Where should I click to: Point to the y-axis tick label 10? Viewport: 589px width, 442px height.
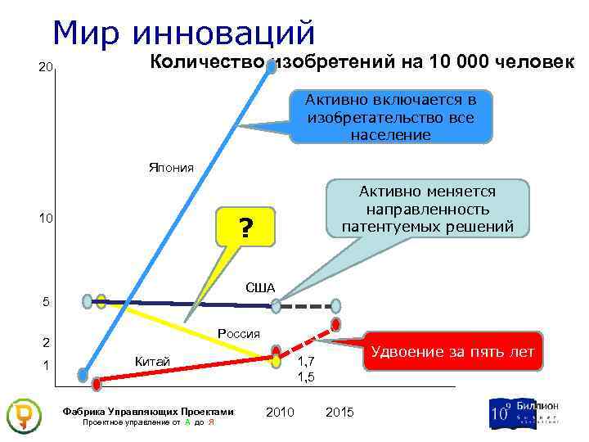(x=47, y=219)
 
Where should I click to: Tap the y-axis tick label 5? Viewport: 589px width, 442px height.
(x=47, y=303)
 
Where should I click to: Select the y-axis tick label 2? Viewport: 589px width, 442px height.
(x=47, y=342)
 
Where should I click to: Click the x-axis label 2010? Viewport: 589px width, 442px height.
(x=281, y=412)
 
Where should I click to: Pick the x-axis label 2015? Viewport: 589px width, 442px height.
(x=339, y=412)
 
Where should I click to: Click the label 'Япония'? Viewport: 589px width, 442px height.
(x=171, y=168)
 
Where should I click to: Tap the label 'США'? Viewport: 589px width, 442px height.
(x=260, y=287)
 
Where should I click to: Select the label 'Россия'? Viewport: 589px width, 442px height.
(x=239, y=333)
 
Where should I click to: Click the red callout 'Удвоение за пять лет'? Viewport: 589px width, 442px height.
(x=452, y=352)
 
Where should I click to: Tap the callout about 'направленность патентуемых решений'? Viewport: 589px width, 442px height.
(x=428, y=210)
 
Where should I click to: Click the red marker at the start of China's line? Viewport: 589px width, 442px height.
(x=97, y=383)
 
